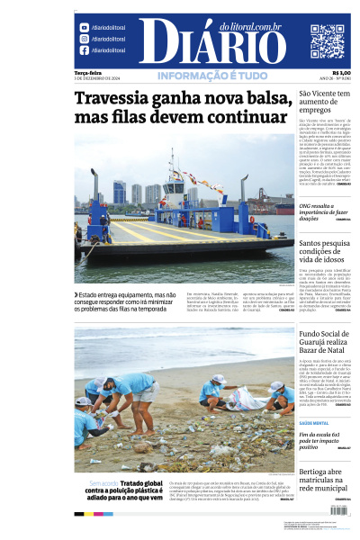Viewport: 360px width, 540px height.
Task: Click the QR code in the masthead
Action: [328, 41]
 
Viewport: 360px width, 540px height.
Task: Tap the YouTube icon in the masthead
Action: [84, 28]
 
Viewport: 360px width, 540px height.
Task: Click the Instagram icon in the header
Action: [84, 39]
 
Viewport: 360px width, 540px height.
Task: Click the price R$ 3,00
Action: [341, 73]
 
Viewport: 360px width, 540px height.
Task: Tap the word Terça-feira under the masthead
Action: [87, 73]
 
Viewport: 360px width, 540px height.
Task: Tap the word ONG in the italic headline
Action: [306, 205]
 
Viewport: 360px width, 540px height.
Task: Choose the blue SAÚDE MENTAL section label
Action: [312, 422]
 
